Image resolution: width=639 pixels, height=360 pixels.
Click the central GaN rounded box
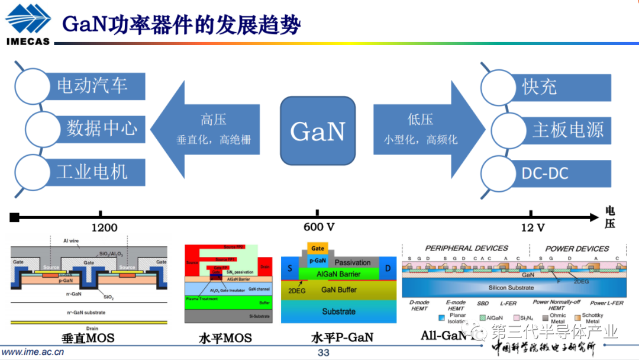click(318, 131)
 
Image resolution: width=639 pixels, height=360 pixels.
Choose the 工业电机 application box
click(92, 172)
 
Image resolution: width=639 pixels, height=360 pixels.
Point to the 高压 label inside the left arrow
click(213, 120)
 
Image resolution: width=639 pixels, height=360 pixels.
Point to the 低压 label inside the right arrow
click(420, 120)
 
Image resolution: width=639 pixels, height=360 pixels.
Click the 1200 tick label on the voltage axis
click(105, 227)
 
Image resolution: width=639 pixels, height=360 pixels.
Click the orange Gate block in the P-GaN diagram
click(318, 248)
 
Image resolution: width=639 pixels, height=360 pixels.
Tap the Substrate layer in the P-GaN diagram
click(338, 311)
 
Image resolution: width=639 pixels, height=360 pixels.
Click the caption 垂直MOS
click(88, 339)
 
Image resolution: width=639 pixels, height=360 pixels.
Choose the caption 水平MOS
click(225, 339)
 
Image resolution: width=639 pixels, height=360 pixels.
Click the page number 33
click(323, 353)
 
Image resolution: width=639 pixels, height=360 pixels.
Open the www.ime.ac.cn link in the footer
click(34, 352)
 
